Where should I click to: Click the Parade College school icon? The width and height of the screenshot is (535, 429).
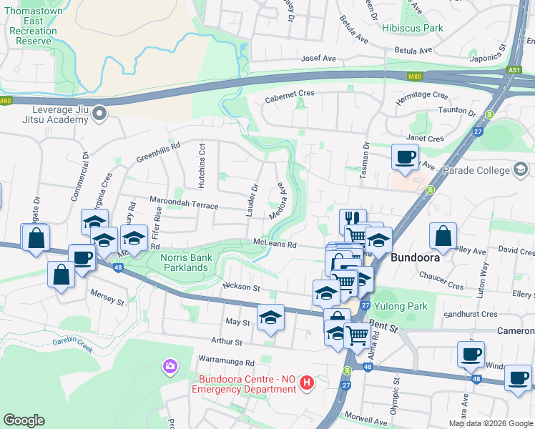click(x=520, y=169)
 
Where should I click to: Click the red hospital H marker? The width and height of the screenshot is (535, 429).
click(x=307, y=383)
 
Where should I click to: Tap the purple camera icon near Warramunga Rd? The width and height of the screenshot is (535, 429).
click(x=170, y=367)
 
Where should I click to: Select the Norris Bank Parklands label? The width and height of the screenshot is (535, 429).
click(x=175, y=262)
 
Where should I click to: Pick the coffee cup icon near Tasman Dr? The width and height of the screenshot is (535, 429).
click(x=406, y=157)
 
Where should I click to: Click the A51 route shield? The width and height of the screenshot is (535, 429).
click(x=514, y=69)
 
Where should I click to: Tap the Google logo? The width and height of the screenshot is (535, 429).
click(x=24, y=420)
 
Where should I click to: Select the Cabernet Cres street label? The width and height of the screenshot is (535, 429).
click(x=290, y=94)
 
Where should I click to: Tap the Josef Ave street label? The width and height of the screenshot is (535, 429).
click(x=319, y=59)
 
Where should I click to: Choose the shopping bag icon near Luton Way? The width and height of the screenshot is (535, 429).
click(x=443, y=235)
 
